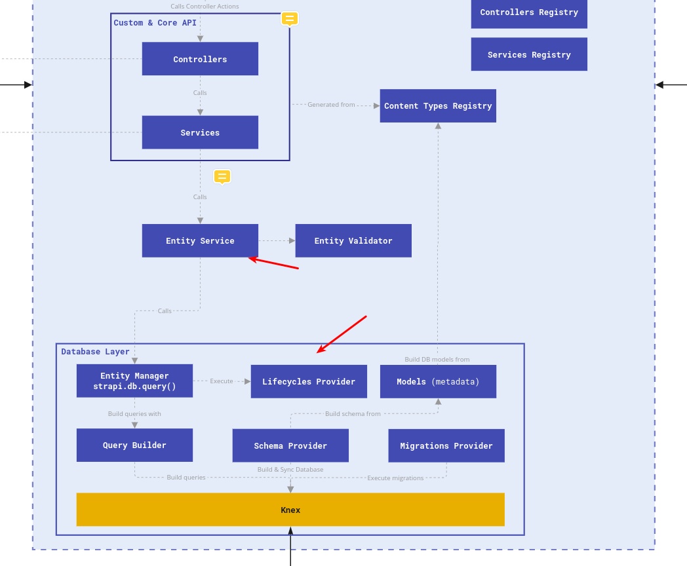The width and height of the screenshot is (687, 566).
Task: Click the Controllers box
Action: pyautogui.click(x=200, y=59)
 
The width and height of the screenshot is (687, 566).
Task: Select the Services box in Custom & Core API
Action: pyautogui.click(x=200, y=132)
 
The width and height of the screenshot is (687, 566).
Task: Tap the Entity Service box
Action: pyautogui.click(x=200, y=240)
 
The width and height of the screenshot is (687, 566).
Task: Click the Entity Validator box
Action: pyautogui.click(x=353, y=240)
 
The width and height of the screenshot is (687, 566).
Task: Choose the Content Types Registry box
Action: pyautogui.click(x=438, y=105)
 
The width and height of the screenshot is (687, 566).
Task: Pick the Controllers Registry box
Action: pyautogui.click(x=529, y=12)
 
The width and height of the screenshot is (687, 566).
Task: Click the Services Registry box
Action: pyautogui.click(x=529, y=54)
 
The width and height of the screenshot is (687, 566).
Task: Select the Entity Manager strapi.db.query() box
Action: pyautogui.click(x=134, y=381)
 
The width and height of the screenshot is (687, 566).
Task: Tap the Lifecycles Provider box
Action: pyautogui.click(x=309, y=381)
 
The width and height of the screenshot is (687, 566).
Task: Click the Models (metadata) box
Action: pyautogui.click(x=438, y=381)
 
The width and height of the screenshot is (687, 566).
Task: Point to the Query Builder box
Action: pyautogui.click(x=134, y=445)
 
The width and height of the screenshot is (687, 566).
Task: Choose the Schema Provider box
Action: pyautogui.click(x=290, y=445)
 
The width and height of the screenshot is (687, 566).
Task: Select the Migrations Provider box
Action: pyautogui.click(x=446, y=445)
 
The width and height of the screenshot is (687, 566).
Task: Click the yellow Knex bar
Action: pyautogui.click(x=290, y=510)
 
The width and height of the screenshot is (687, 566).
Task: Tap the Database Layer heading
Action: pyautogui.click(x=96, y=352)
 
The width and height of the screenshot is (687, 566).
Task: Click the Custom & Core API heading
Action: pyautogui.click(x=155, y=23)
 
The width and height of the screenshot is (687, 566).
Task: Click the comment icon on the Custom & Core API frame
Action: pyautogui.click(x=290, y=18)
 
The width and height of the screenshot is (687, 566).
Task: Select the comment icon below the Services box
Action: pyautogui.click(x=222, y=176)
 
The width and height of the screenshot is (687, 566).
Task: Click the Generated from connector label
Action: pyautogui.click(x=331, y=105)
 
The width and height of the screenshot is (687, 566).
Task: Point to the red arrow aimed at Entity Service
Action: pyautogui.click(x=274, y=263)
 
